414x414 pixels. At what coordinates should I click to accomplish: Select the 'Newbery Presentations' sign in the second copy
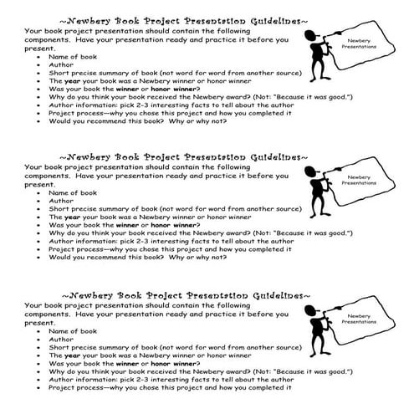[370, 181]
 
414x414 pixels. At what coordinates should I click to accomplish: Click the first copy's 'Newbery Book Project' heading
[121, 17]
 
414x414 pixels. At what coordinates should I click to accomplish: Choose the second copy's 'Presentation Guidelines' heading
[243, 156]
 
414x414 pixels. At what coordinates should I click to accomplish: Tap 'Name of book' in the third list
[71, 331]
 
